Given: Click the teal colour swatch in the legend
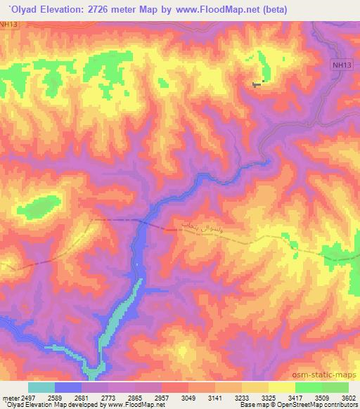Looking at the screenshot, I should (x=41, y=387).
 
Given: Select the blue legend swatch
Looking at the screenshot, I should (x=68, y=387).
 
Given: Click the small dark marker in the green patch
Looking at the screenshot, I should (x=257, y=84).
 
